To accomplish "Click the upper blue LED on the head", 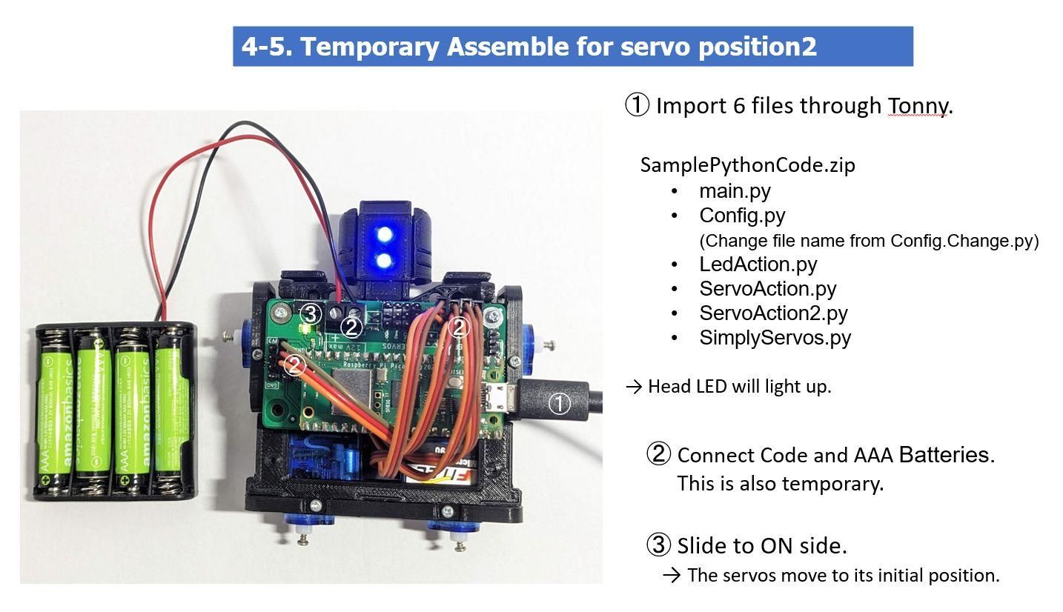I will [x=385, y=236].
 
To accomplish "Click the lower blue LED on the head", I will [x=385, y=261].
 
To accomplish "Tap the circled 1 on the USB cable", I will [x=559, y=403].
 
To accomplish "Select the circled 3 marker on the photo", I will [x=310, y=314].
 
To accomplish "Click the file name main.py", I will [x=735, y=191].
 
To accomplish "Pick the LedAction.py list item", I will [x=758, y=264].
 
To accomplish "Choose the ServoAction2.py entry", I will [x=773, y=313].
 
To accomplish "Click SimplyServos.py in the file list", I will [x=775, y=338].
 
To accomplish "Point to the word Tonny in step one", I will [x=917, y=106].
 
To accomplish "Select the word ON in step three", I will [x=775, y=546].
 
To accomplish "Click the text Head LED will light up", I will [x=738, y=386].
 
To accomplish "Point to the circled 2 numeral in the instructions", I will [x=658, y=454].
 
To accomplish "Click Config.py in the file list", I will [x=742, y=215].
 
